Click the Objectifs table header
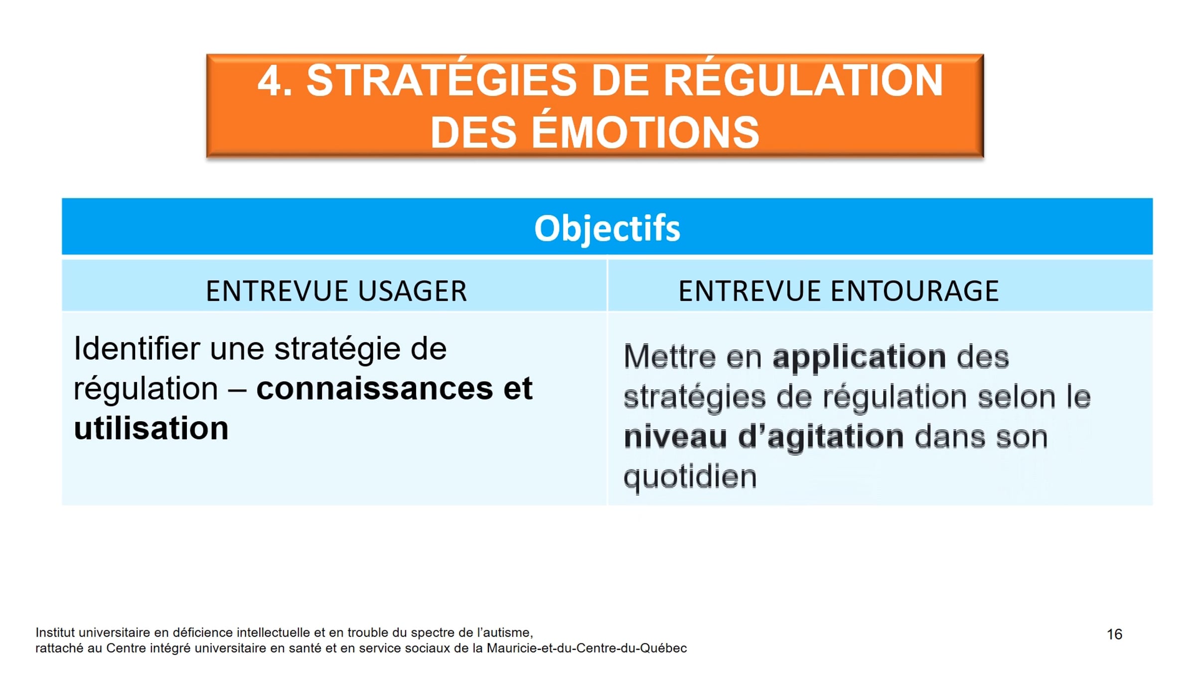coord(607,229)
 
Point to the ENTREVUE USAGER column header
coord(336,291)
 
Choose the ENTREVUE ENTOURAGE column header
coord(839,291)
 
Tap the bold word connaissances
coord(374,389)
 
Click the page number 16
coord(1114,634)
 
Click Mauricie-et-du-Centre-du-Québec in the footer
coord(587,648)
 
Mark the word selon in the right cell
coord(1017,397)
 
